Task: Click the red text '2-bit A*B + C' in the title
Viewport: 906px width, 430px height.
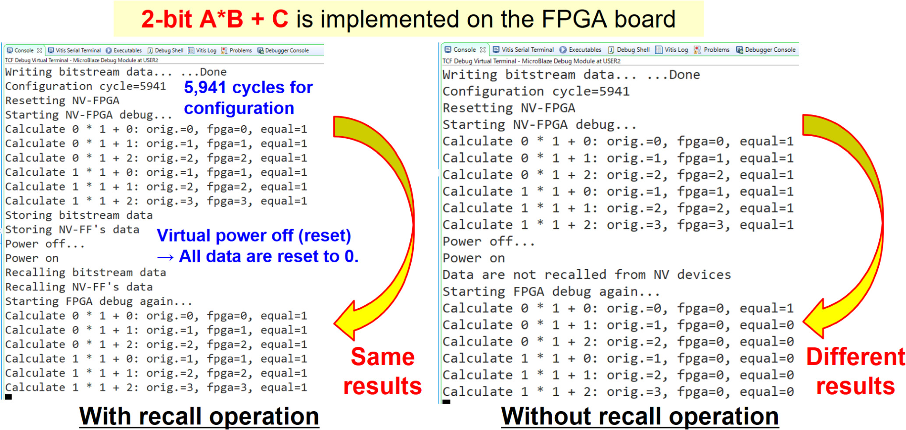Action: click(215, 19)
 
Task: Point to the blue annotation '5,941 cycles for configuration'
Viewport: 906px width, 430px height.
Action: click(248, 98)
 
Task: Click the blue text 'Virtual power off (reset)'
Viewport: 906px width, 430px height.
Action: click(254, 236)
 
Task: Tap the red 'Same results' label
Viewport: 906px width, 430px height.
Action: click(382, 371)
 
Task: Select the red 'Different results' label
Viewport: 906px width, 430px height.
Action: click(855, 371)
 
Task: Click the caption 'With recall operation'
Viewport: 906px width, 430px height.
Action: click(199, 416)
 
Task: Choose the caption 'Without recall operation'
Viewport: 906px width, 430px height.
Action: click(640, 416)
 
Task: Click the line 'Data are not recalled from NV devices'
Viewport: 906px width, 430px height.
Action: click(586, 275)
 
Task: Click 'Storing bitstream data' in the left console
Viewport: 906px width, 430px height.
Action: click(79, 215)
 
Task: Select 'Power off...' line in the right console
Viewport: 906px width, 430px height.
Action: click(488, 242)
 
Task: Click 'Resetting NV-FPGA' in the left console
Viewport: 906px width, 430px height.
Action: click(62, 101)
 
